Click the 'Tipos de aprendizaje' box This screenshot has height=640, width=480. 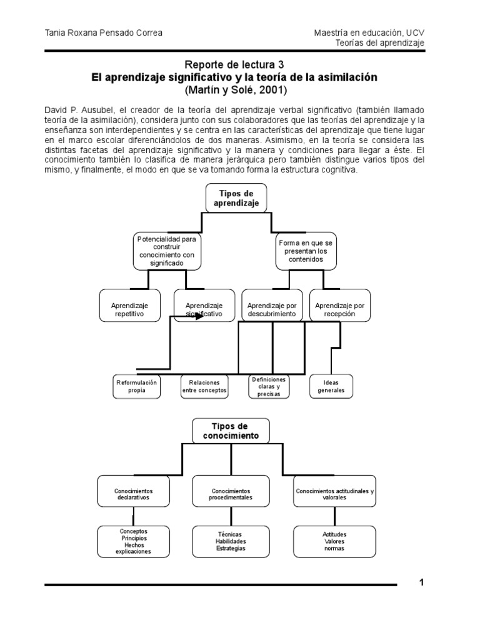coord(236,198)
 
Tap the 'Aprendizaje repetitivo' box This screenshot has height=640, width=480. coord(129,306)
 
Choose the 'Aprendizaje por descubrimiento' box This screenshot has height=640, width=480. coord(271,306)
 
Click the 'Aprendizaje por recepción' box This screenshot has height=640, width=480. coord(340,306)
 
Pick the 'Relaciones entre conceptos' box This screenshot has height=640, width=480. coord(204,386)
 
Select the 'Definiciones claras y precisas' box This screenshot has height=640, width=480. coord(268,386)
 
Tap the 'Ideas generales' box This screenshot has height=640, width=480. coord(331,386)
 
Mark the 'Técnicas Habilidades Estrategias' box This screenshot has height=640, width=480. coord(231,541)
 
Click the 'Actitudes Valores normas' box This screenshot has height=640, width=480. coord(334,541)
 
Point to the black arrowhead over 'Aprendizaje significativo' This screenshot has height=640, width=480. coord(199,316)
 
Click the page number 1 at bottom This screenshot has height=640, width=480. coord(422,582)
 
